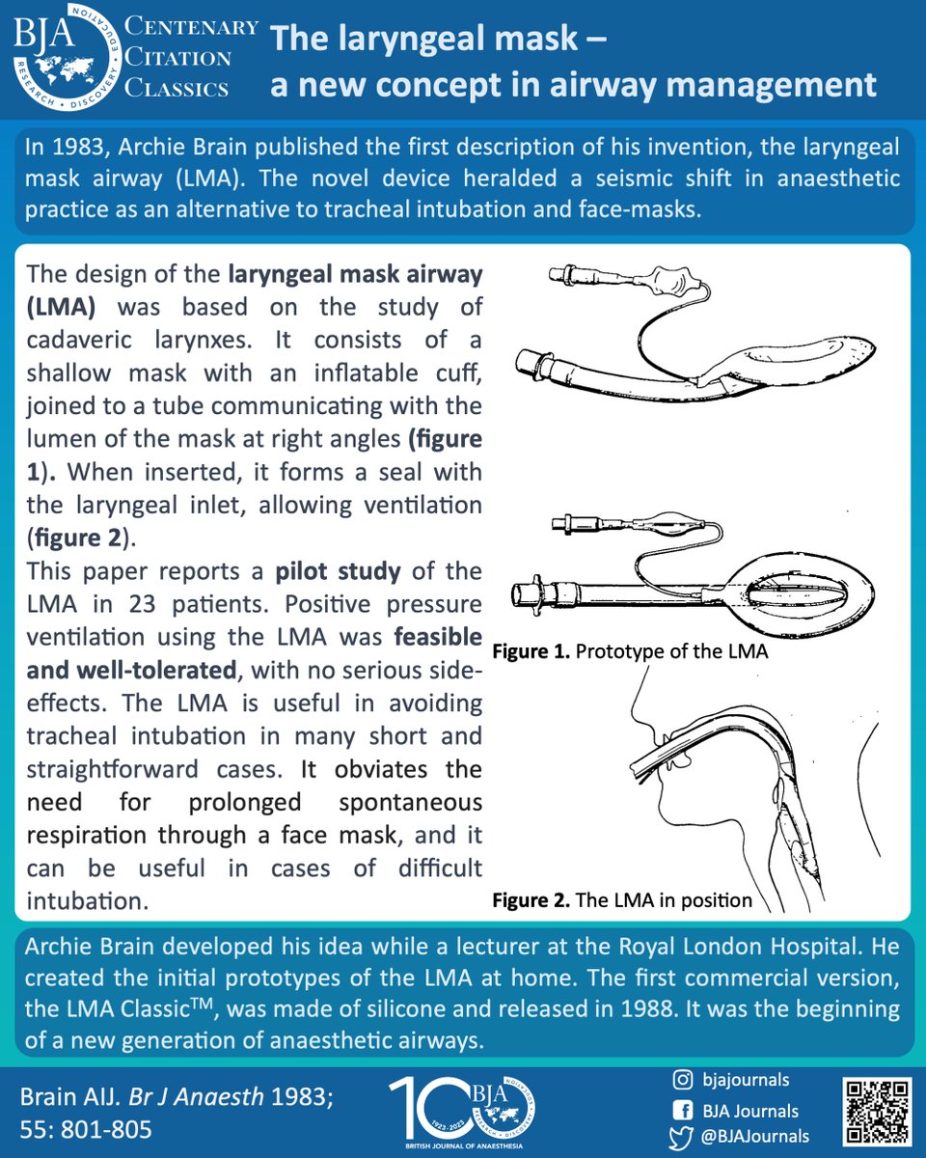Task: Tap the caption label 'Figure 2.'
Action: click(x=531, y=900)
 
